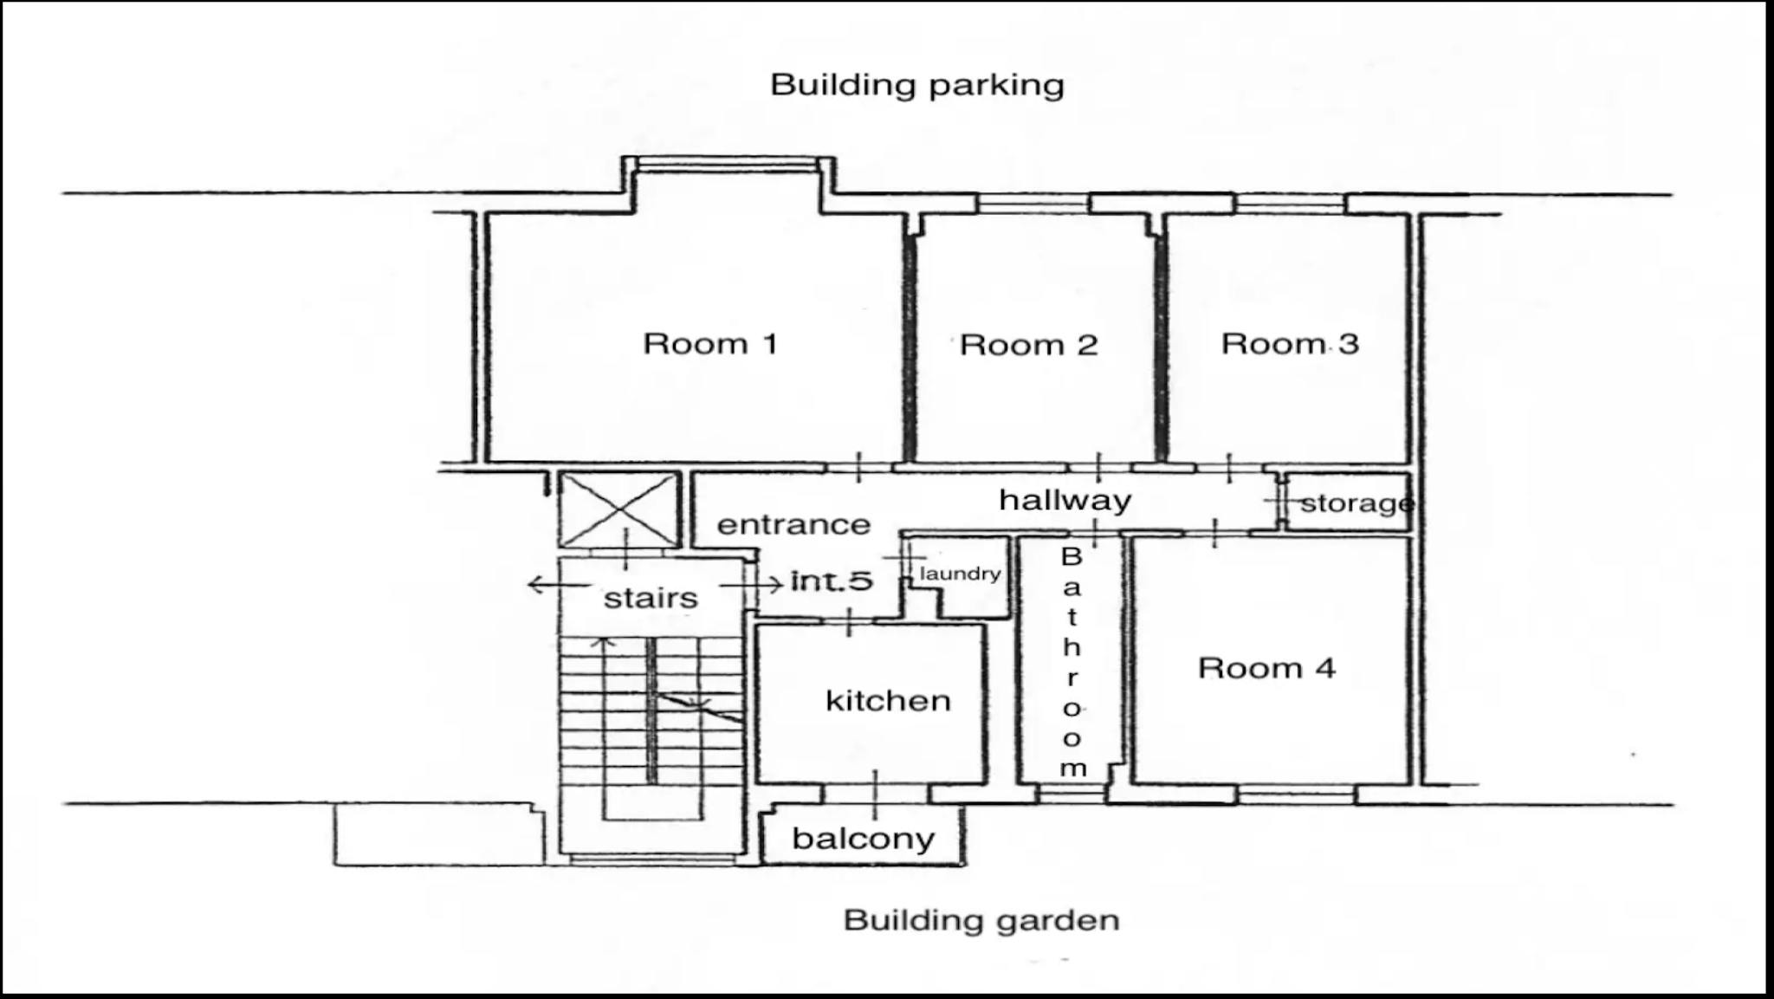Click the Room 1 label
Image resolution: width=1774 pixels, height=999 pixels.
(710, 344)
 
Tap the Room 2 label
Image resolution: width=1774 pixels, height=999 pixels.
(1029, 345)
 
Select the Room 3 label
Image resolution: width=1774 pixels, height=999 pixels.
(1290, 344)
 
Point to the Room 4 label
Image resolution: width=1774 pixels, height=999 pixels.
(1266, 668)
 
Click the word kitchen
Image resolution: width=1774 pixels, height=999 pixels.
(888, 699)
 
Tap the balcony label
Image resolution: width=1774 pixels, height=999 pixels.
(864, 839)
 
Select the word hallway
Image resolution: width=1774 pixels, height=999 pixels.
(1065, 500)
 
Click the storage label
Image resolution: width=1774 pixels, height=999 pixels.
(1356, 503)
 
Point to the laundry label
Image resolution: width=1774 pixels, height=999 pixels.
(960, 574)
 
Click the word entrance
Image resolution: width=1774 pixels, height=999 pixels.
(793, 525)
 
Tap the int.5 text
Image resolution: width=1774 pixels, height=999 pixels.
(832, 581)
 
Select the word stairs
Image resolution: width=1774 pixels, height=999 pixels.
(651, 598)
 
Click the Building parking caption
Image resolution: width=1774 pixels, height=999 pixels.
(917, 85)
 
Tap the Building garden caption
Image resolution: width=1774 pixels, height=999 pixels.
(981, 920)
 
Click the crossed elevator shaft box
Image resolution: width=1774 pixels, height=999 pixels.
(618, 509)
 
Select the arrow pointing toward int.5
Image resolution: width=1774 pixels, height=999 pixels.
(752, 586)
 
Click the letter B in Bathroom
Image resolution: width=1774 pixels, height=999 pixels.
(1072, 557)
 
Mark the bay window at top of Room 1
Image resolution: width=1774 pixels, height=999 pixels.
(728, 165)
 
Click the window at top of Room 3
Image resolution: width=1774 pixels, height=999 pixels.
(1290, 204)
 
